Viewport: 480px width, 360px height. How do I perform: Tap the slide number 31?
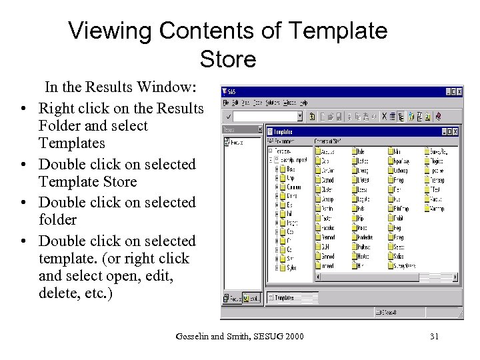pos(434,336)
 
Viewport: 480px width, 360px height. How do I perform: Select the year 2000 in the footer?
pos(293,336)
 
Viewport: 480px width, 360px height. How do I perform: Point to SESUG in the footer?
pos(263,336)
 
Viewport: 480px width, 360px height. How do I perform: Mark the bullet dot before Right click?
pos(23,109)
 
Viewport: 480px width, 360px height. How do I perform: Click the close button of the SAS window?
pos(459,91)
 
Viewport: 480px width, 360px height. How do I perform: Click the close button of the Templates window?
pos(455,131)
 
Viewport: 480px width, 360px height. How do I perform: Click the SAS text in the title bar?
pos(231,91)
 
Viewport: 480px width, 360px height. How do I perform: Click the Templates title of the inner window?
pos(284,132)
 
